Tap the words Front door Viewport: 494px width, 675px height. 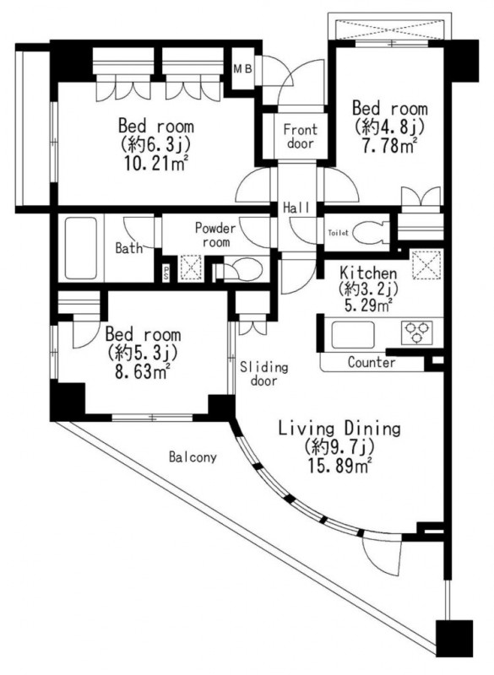300,136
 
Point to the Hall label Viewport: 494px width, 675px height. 296,208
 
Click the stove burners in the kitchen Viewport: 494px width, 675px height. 416,332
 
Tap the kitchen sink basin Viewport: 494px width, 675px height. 353,335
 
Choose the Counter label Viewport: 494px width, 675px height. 372,363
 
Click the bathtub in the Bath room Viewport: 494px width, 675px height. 81,248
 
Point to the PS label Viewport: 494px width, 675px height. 166,273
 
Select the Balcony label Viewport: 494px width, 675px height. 193,456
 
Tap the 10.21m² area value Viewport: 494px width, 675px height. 156,164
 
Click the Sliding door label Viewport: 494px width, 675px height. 264,374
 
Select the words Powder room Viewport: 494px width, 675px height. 216,235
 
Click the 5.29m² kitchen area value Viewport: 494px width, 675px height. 368,305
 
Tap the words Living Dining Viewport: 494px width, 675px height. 339,429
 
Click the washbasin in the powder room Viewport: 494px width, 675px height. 243,270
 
